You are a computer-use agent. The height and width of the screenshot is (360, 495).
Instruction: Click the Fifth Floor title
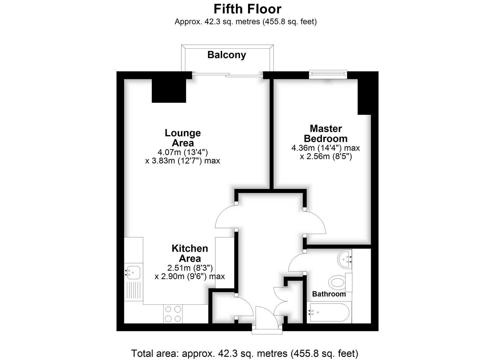247,9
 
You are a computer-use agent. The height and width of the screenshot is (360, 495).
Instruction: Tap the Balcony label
227,55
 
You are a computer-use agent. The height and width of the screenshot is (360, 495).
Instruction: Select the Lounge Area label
183,138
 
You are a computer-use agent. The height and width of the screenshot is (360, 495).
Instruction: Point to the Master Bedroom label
326,133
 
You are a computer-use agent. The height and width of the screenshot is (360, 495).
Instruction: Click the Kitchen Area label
190,253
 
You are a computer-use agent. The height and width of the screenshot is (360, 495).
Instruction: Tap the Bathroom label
329,294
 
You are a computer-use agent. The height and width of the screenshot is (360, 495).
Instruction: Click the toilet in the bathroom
340,282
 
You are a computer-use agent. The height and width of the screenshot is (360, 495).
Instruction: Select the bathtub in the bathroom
329,312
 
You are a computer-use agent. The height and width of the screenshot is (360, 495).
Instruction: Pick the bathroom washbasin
345,259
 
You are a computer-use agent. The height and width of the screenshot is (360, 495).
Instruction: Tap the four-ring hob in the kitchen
173,314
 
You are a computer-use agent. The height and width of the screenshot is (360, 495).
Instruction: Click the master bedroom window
328,74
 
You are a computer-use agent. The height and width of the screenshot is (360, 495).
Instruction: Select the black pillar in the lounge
169,91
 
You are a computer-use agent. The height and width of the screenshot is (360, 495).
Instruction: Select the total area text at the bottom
245,353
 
